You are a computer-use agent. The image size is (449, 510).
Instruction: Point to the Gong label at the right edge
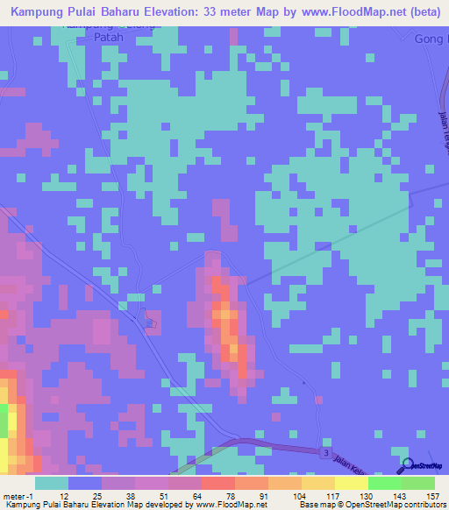(x=431, y=39)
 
